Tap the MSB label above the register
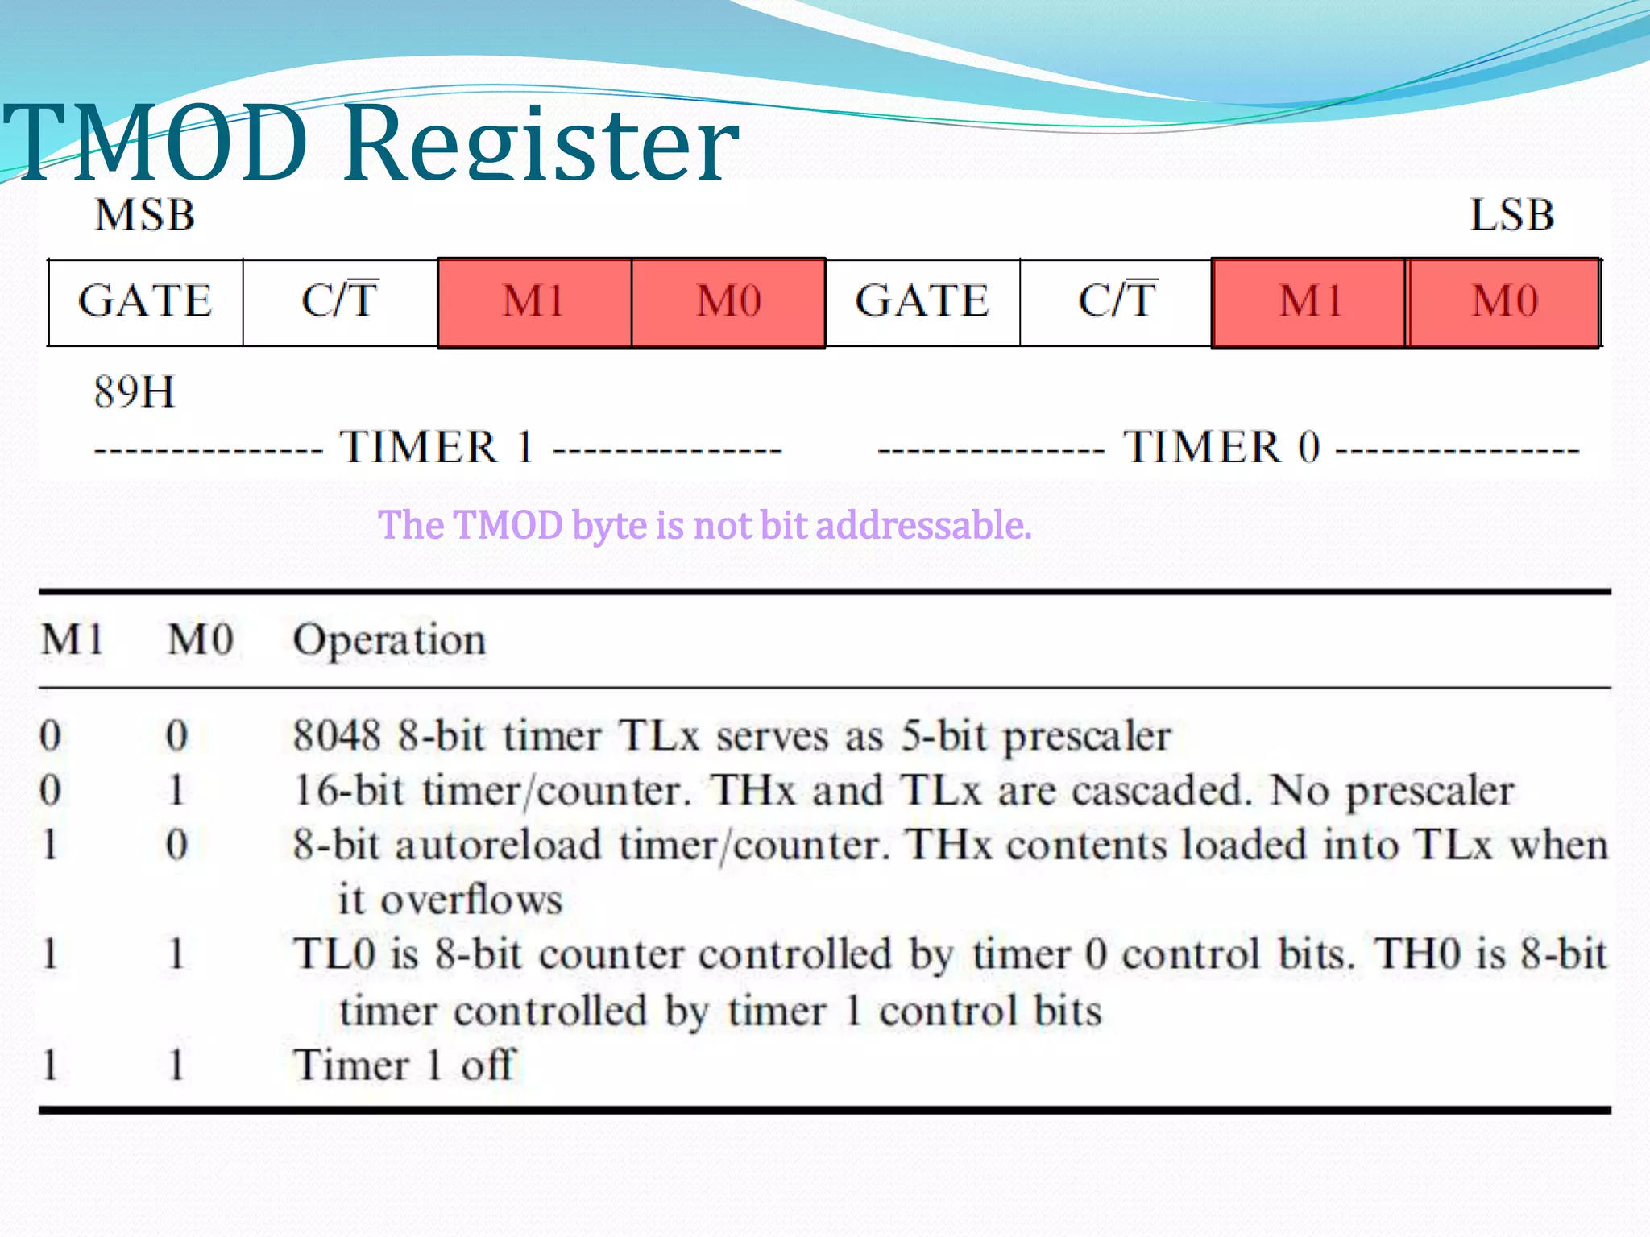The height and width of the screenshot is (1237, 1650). [145, 216]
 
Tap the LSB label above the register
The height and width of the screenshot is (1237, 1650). [1511, 216]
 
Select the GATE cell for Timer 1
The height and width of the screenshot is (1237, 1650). [145, 302]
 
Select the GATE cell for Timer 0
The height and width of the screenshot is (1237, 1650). [922, 302]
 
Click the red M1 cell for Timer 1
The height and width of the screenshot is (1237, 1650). [533, 302]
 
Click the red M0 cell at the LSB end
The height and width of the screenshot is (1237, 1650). [1503, 302]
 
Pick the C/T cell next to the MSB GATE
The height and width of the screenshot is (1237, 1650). [339, 302]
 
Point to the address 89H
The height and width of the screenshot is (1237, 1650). [134, 392]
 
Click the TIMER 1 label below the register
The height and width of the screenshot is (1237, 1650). [437, 448]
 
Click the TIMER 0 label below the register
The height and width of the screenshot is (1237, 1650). [1221, 448]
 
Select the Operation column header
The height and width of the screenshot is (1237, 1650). [389, 641]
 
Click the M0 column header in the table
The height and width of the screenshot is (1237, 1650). [200, 640]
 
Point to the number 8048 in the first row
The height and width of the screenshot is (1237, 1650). [337, 735]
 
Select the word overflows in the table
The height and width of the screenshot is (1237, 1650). [471, 900]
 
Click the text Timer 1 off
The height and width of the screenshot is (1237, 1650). [403, 1065]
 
